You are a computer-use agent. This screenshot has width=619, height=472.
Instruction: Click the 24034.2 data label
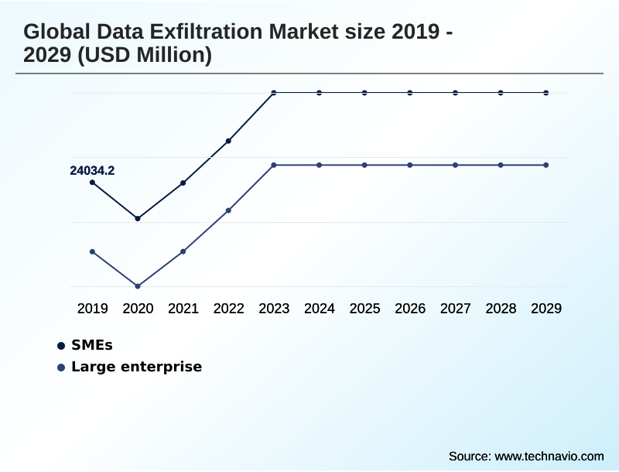[92, 171]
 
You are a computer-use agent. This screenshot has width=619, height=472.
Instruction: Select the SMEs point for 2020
[138, 218]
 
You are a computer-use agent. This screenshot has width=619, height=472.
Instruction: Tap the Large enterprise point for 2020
[138, 286]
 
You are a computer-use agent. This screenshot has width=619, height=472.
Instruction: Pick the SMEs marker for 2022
[228, 141]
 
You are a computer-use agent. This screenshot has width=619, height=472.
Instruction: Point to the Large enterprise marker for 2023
[274, 165]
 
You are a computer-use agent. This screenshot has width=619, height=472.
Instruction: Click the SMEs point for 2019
[92, 183]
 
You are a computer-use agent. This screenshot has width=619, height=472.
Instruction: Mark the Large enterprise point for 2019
[92, 251]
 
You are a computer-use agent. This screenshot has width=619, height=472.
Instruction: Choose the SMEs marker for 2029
[546, 93]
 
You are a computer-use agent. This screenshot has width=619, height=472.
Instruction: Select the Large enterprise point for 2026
[410, 165]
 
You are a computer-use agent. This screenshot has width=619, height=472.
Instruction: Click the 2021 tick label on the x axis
[183, 309]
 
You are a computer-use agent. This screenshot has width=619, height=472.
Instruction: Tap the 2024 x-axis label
[320, 309]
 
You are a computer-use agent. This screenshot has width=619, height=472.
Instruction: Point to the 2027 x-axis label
[456, 309]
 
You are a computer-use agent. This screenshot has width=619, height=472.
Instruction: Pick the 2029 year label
[546, 309]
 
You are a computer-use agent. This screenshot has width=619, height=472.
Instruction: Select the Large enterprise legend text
[136, 367]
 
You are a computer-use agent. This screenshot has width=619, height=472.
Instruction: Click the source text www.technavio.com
[549, 456]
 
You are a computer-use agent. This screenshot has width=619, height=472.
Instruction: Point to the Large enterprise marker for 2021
[183, 251]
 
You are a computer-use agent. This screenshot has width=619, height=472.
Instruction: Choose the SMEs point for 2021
[183, 183]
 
